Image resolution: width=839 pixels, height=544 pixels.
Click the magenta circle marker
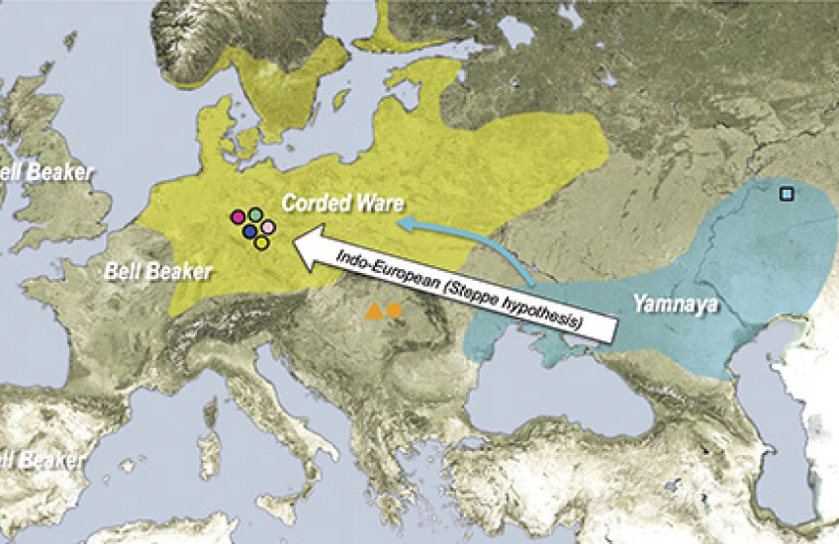point(237,217)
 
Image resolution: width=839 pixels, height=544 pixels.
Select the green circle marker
point(255,214)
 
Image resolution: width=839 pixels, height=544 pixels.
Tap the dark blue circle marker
point(250,231)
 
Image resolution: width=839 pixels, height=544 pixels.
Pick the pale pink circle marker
point(267,228)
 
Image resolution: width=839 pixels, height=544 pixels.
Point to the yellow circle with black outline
point(261,242)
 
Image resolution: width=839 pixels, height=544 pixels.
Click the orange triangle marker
point(374,313)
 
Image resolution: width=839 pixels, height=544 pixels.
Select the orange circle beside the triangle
point(394,311)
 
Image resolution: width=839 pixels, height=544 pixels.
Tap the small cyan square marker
point(786,194)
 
